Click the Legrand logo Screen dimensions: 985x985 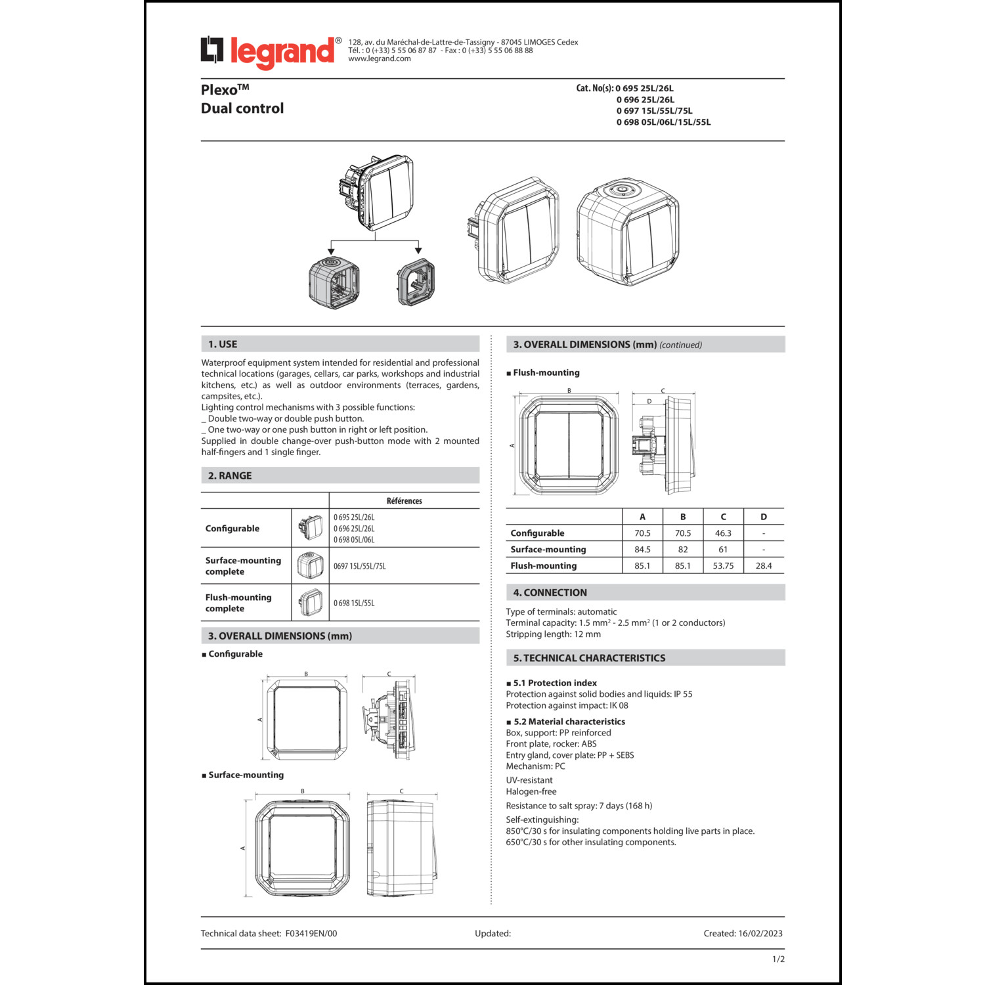(x=270, y=52)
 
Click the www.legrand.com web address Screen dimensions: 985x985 (x=380, y=59)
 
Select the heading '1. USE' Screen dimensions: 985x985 (x=223, y=344)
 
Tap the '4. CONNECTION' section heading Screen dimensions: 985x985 (x=550, y=592)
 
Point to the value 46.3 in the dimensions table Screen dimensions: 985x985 (x=723, y=533)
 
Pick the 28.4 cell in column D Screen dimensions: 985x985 (x=764, y=565)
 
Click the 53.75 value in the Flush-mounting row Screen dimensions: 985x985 (x=723, y=565)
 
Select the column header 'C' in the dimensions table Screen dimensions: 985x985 (x=723, y=517)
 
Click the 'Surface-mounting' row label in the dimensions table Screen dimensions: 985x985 (x=548, y=550)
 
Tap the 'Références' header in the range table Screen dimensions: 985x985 (x=405, y=501)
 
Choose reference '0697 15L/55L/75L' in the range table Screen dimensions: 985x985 (x=360, y=566)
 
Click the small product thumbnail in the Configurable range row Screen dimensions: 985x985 (x=311, y=527)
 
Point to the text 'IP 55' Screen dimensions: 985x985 (x=683, y=694)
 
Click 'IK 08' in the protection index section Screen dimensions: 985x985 (x=619, y=705)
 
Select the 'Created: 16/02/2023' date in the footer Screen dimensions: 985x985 (x=743, y=933)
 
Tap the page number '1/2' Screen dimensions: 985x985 (x=778, y=959)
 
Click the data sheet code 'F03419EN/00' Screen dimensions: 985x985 (x=311, y=933)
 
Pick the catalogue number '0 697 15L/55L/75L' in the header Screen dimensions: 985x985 (x=654, y=111)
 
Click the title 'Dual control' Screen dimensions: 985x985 (x=242, y=108)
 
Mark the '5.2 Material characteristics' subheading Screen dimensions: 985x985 (x=569, y=722)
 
